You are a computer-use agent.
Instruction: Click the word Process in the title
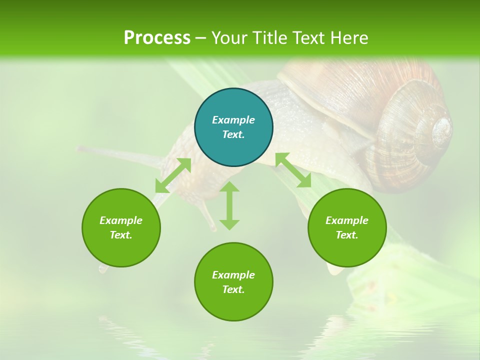coord(157,38)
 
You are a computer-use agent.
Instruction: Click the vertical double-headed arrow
coord(229,205)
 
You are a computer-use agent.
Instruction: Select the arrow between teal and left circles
coord(173,175)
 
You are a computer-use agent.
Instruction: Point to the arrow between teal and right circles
coord(293,170)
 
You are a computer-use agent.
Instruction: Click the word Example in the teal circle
coord(233,120)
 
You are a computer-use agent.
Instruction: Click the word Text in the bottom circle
coord(233,289)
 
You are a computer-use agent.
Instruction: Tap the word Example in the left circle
coord(121,220)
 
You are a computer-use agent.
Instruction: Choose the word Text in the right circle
coord(347,235)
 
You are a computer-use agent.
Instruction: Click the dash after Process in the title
coord(200,38)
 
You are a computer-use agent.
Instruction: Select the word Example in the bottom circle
coord(233,275)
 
